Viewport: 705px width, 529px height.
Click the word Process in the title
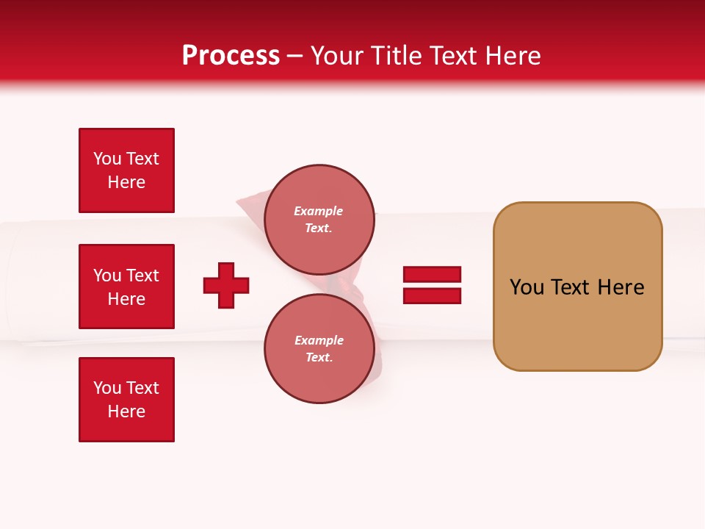(231, 56)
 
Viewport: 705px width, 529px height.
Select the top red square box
(126, 170)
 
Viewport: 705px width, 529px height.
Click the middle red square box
(126, 287)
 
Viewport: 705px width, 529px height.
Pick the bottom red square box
(126, 400)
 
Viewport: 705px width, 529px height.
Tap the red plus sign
(226, 285)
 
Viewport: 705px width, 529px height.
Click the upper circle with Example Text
(319, 220)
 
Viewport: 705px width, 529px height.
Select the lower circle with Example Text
(319, 349)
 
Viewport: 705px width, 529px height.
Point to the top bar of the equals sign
(432, 275)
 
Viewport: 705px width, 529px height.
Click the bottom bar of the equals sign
(432, 295)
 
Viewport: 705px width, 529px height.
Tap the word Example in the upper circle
(318, 212)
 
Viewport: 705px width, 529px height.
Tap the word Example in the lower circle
(318, 341)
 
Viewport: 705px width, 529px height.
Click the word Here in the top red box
(126, 183)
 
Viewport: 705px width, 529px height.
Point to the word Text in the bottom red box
(142, 388)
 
